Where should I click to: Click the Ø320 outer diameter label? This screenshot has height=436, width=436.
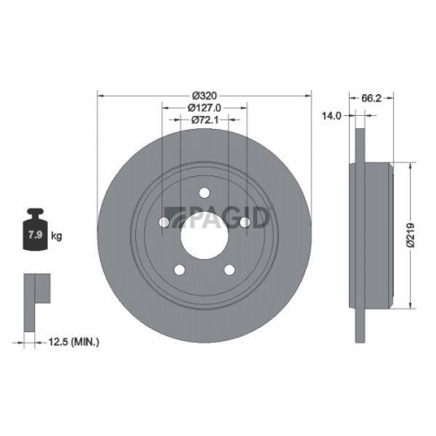204,93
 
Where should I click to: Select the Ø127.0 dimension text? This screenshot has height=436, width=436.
204,108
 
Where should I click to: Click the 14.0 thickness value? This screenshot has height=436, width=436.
331,114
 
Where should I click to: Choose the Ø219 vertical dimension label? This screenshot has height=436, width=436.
420,235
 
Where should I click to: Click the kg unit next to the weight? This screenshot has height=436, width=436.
56,236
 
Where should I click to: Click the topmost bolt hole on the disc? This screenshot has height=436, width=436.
204,194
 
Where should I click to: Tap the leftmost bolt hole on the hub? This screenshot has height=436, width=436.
163,223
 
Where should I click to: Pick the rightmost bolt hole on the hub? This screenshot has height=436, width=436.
245,223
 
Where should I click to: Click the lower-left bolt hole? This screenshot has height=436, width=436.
179,270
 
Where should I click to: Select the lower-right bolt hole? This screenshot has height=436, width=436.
229,270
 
